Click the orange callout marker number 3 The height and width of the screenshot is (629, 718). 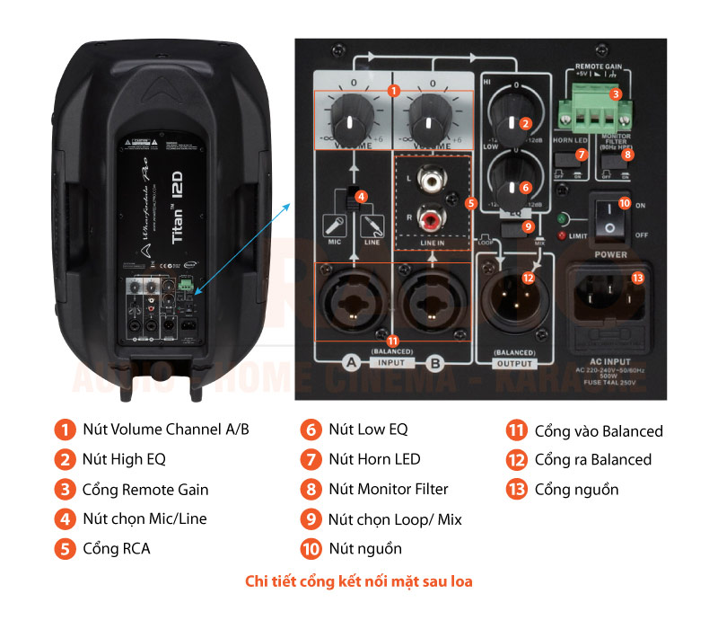click(615, 93)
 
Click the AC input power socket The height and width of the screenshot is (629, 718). click(613, 293)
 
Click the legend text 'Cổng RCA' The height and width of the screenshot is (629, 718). click(117, 548)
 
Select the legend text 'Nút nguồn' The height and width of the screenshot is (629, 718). click(364, 548)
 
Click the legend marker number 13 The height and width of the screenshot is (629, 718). click(516, 490)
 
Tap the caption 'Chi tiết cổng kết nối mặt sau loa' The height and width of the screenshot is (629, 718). click(359, 581)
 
